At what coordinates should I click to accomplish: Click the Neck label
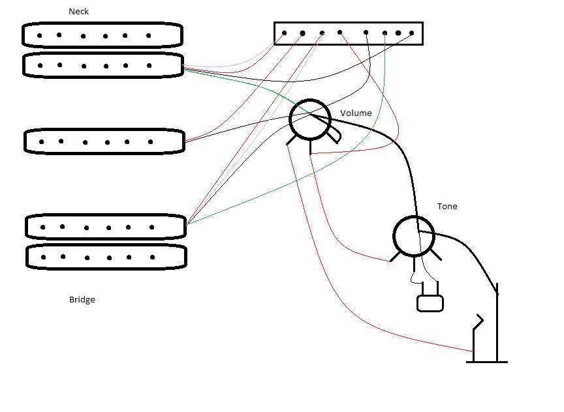pos(78,12)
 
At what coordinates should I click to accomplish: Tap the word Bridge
pos(82,300)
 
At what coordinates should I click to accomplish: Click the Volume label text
pos(356,113)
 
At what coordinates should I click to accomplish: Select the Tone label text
pos(447,207)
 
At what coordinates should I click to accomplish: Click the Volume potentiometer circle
pos(310,119)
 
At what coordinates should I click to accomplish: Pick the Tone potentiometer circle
pos(414,237)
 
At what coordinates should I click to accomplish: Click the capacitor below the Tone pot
pos(430,303)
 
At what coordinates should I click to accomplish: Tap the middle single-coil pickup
pos(103,141)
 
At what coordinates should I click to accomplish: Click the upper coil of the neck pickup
pos(102,35)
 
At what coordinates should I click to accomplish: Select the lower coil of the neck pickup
pos(102,65)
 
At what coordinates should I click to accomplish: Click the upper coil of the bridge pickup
pos(106,227)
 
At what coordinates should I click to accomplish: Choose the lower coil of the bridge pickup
pos(106,257)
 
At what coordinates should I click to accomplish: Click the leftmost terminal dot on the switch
pos(284,33)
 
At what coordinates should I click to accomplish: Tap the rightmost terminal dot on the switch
pos(412,33)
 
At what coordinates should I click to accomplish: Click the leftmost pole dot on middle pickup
pos(42,141)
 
